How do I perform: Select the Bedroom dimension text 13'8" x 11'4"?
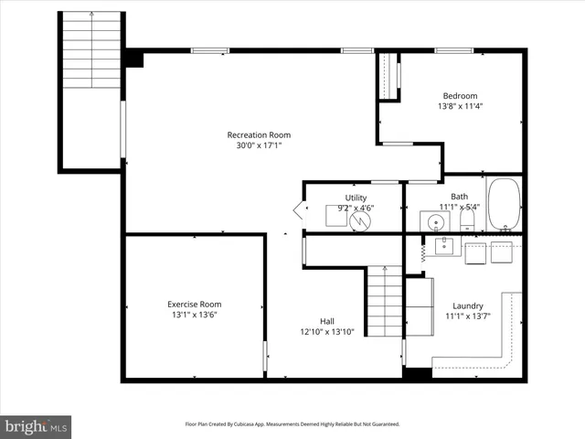460,106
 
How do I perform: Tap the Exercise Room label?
194,304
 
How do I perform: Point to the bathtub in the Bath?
503,205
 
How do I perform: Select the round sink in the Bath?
431,220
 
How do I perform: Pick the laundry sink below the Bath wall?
444,246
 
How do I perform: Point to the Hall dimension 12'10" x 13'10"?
326,331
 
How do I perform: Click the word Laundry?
468,305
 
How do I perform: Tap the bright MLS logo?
37,425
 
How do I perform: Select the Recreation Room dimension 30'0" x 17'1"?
259,145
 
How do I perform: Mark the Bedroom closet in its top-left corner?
389,76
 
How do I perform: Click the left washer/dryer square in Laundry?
474,252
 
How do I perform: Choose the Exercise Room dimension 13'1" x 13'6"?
194,315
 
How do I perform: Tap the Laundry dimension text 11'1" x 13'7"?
468,316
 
